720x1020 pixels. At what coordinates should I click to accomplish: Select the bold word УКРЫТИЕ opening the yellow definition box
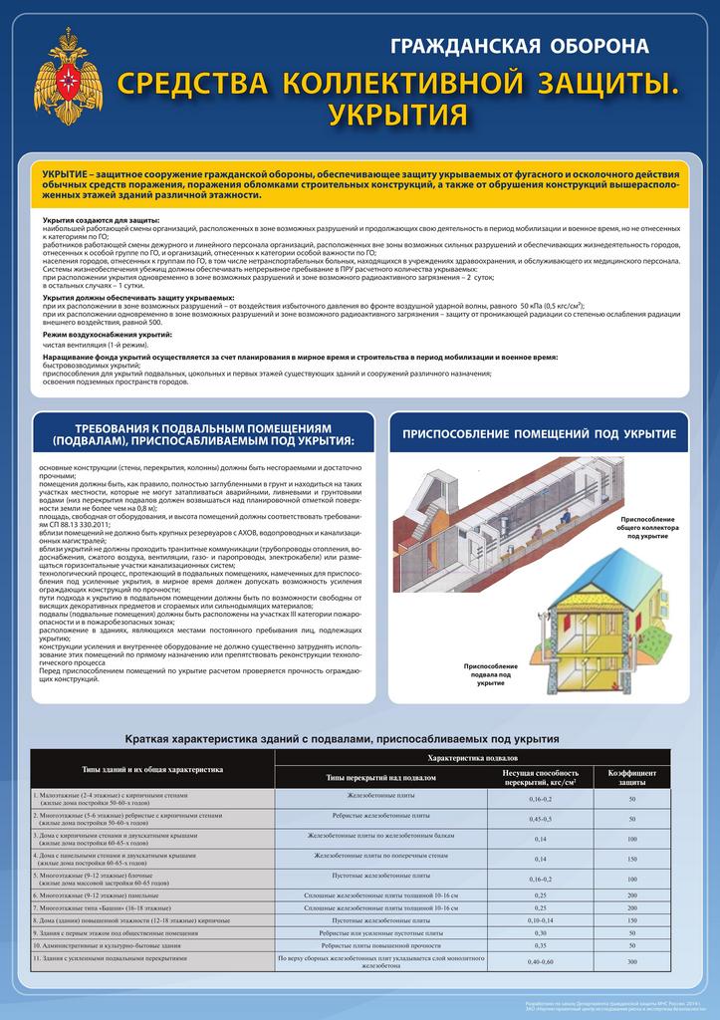[70, 174]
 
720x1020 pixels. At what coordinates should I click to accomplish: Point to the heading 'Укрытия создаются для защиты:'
[101, 219]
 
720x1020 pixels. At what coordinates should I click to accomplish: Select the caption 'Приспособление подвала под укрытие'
[490, 674]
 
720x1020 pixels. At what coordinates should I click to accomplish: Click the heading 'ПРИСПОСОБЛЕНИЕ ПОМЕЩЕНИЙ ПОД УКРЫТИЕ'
[539, 434]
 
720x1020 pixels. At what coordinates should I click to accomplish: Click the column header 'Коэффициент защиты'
[631, 777]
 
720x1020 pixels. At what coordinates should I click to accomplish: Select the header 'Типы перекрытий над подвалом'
[381, 777]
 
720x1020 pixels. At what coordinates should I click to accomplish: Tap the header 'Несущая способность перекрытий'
[541, 777]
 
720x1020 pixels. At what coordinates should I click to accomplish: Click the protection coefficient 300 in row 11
[631, 961]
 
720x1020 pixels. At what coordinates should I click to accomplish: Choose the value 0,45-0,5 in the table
[541, 819]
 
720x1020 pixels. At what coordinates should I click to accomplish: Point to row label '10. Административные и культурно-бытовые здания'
[110, 943]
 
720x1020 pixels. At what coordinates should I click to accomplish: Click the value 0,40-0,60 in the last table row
[541, 961]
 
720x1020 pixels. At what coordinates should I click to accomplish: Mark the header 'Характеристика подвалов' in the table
[472, 759]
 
